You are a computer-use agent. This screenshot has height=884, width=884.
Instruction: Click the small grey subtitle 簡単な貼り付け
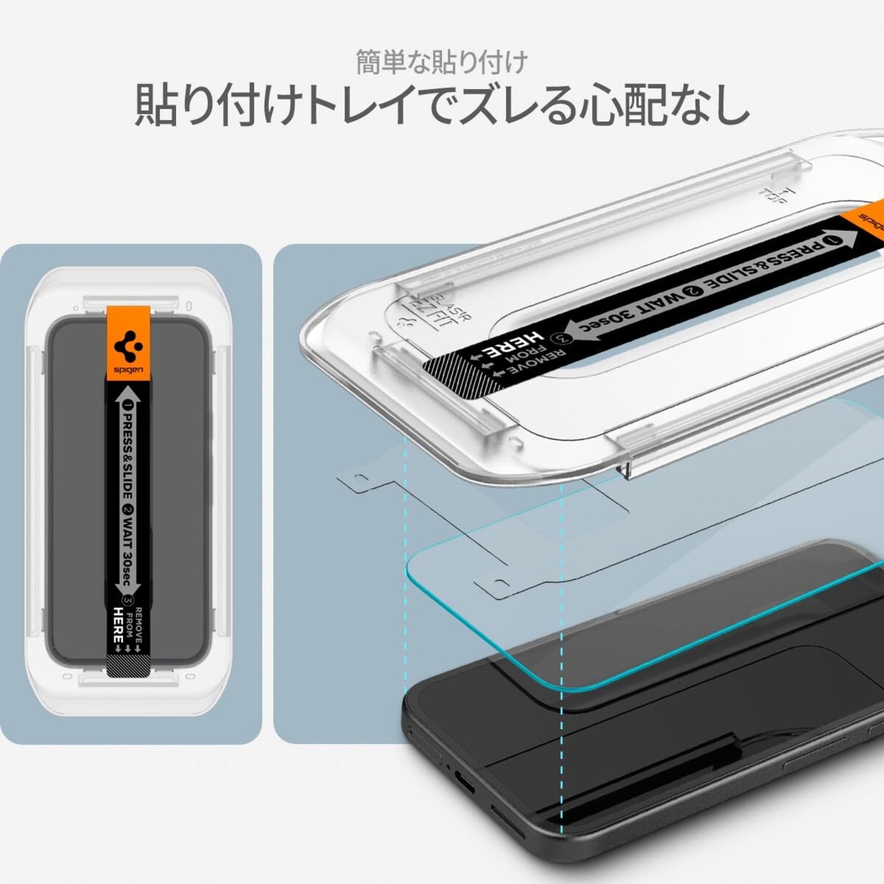[x=441, y=62]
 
